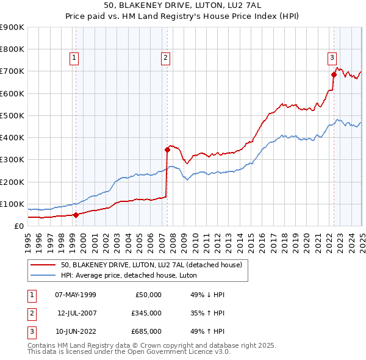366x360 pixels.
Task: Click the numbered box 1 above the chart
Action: pos(74,58)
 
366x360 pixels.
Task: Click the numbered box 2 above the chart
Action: pos(165,58)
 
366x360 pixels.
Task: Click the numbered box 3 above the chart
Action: pos(332,58)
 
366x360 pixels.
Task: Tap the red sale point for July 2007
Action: pos(167,149)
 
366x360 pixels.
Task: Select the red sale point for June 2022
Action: pos(334,74)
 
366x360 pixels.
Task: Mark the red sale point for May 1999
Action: pos(76,215)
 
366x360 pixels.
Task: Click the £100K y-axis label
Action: pos(13,204)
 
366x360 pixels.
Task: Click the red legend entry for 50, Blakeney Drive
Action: pos(152,265)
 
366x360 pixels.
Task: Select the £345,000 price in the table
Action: pos(146,314)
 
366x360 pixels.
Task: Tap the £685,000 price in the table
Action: pos(146,332)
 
